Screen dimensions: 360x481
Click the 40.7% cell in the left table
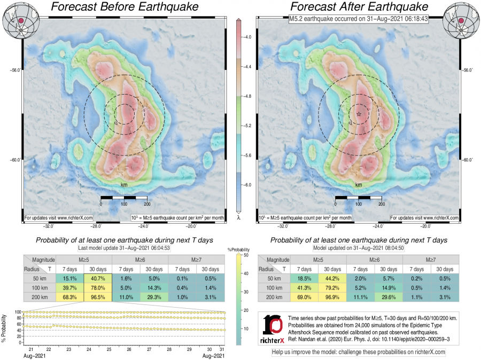98,278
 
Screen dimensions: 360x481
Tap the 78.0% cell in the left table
98,288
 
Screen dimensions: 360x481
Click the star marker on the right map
359,114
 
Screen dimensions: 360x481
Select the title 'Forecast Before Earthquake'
124,7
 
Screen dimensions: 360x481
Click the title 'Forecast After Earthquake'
359,7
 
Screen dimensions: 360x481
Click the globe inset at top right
461,20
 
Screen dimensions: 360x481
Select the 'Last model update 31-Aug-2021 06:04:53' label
124,248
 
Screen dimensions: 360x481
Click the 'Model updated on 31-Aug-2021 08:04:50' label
359,248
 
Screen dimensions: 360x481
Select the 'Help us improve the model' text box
359,353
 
